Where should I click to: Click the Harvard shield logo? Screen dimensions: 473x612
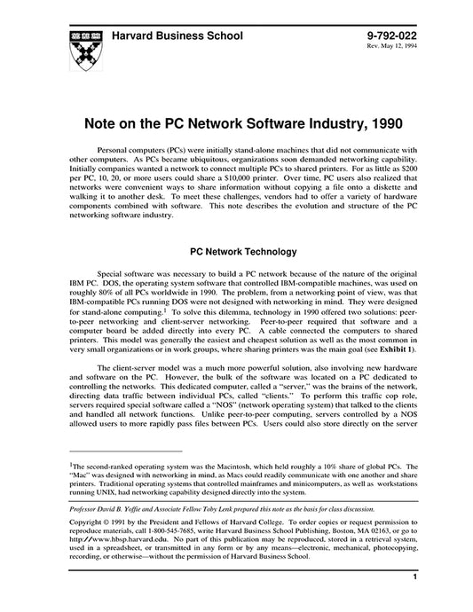pyautogui.click(x=83, y=50)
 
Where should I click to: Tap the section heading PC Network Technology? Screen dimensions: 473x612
pyautogui.click(x=237, y=252)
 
